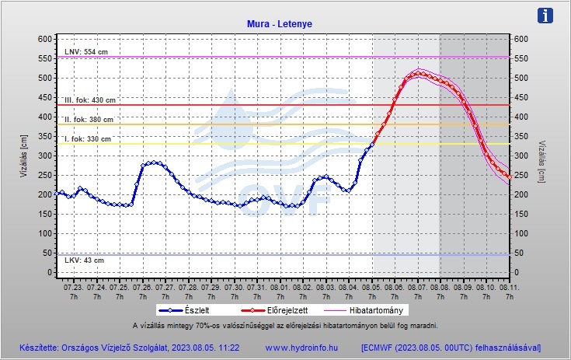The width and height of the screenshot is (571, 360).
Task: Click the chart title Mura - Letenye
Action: tap(279, 24)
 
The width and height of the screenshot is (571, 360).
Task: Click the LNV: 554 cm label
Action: tap(86, 52)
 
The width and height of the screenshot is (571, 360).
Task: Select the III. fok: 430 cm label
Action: tap(90, 100)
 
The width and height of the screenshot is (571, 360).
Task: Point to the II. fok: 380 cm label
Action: tap(89, 120)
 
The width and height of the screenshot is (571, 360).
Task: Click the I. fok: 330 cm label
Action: tap(88, 139)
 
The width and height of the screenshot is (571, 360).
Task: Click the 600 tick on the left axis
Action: tap(44, 39)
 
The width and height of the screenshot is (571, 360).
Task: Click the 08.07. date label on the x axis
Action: tap(418, 287)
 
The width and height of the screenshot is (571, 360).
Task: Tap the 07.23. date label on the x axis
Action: tap(73, 287)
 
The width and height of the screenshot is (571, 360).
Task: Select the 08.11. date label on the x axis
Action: tap(509, 287)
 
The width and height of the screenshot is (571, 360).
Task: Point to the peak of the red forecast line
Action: tap(418, 73)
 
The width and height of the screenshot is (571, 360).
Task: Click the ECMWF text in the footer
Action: tap(384, 347)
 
